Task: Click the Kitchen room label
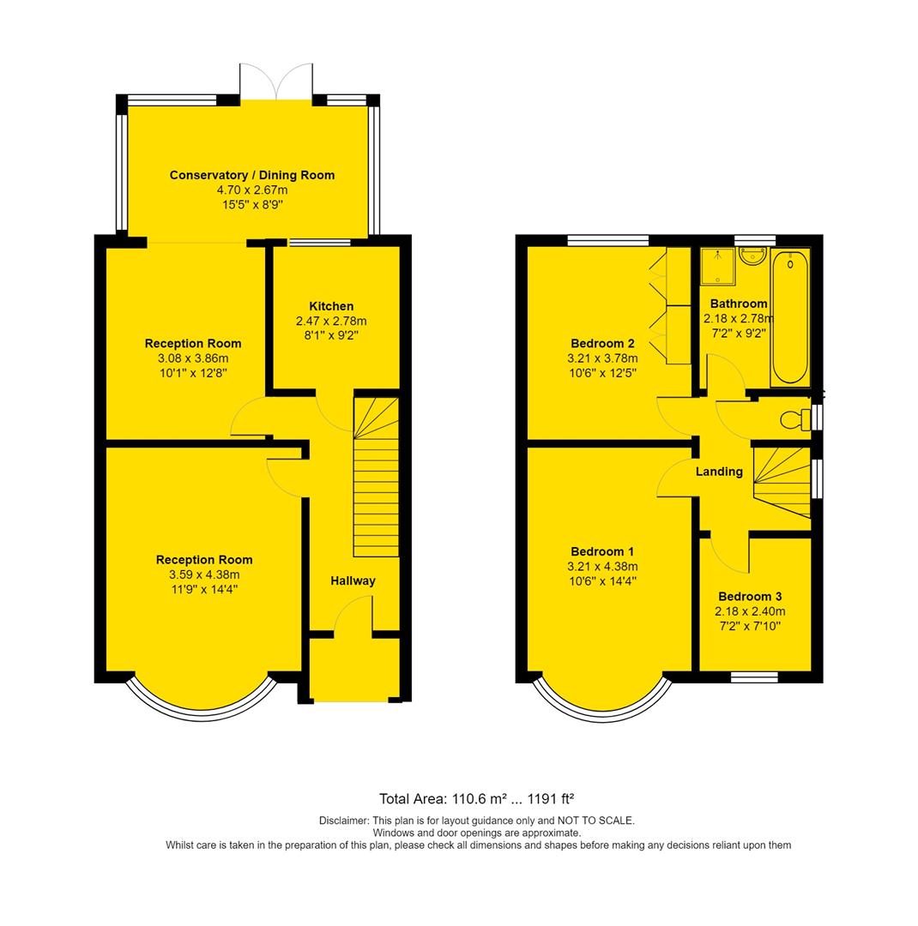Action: click(x=331, y=306)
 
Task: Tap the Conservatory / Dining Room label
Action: click(x=251, y=175)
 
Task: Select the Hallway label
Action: click(x=353, y=580)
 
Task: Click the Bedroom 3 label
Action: click(x=750, y=596)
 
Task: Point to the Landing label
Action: click(x=719, y=471)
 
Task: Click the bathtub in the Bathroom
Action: click(x=789, y=317)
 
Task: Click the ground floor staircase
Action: click(x=376, y=476)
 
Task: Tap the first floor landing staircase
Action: click(x=782, y=480)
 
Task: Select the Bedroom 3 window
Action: click(x=754, y=677)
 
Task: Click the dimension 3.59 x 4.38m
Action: click(x=204, y=574)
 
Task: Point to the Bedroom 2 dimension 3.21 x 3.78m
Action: click(x=602, y=358)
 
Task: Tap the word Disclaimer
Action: click(x=342, y=821)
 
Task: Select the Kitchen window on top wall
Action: click(x=313, y=243)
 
